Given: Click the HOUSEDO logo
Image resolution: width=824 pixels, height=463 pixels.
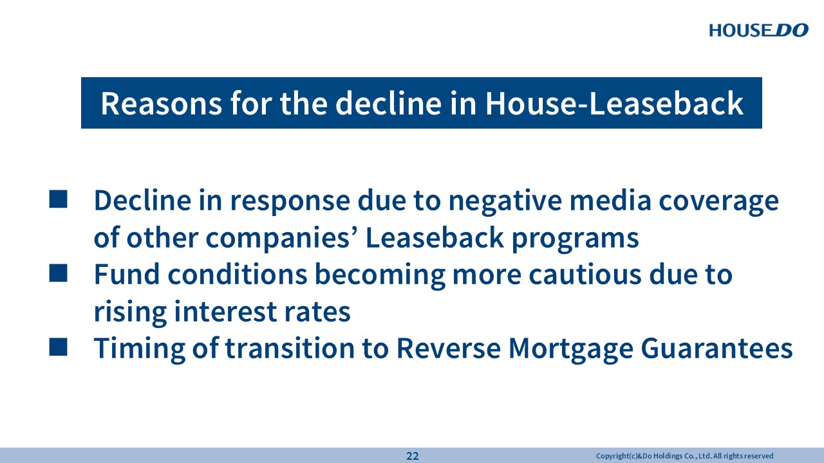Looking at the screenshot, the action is coord(758,30).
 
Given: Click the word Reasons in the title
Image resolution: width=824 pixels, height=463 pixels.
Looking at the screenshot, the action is coord(162,104).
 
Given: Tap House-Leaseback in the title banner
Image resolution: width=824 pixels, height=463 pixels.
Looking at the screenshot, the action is coord(614,104).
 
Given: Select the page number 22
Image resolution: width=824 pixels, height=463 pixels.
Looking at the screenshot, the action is coord(413,456).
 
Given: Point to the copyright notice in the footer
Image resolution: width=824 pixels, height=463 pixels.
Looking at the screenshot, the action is coord(684,456).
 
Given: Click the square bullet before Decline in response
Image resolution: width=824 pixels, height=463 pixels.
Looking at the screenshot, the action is coord(58,199).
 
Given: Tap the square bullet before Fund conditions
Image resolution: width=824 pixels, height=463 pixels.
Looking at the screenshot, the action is coord(58,273).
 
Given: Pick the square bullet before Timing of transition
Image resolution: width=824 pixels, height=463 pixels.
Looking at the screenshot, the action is coord(58,347).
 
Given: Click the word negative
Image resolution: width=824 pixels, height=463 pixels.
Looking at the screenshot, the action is coord(505,201).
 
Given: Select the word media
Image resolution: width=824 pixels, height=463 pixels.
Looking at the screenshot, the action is coord(610,200).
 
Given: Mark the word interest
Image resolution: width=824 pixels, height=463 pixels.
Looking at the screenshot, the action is coord(225,312).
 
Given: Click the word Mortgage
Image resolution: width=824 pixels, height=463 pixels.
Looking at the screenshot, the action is coord(570,349).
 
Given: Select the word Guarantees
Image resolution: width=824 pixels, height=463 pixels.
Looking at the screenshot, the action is coord(716,348).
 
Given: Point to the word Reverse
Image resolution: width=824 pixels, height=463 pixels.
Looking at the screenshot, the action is coord(449,348).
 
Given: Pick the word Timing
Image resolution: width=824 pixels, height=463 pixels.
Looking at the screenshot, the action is coord(140,349).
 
